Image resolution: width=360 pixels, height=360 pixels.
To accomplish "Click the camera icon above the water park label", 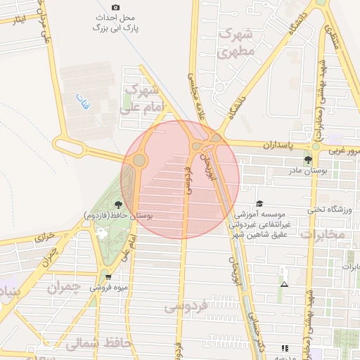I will tap(115, 7).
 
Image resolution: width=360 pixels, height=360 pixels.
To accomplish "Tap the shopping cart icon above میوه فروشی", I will tap(108, 278).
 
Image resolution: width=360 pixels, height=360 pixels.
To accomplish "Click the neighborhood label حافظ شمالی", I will tap(98, 344).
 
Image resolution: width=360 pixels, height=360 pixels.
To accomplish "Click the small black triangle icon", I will tap(284, 285).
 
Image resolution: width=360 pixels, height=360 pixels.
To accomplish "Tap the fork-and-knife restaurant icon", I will tap(284, 347).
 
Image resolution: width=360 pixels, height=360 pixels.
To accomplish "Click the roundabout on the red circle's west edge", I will tap(139, 160).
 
